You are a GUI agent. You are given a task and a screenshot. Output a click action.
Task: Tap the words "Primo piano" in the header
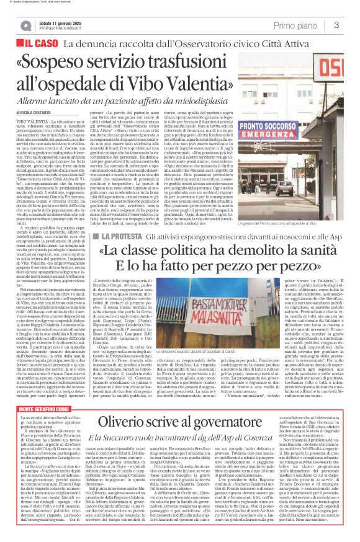297,25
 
